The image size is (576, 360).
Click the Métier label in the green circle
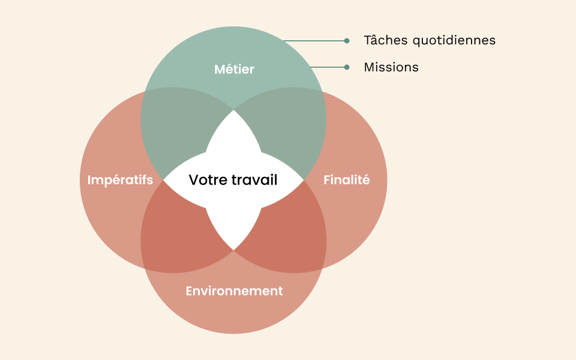click(234, 70)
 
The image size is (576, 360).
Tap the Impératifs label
click(120, 179)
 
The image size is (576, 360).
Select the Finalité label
click(346, 179)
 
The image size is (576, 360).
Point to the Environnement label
click(234, 291)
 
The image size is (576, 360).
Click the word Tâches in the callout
click(382, 40)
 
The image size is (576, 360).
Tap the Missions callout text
click(391, 67)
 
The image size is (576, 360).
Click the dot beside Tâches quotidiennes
click(347, 41)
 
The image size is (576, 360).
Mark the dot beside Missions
click(347, 67)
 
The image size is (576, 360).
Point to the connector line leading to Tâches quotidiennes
click(315, 41)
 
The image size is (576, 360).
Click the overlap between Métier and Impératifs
click(174, 129)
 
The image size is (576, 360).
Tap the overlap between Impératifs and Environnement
click(174, 231)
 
